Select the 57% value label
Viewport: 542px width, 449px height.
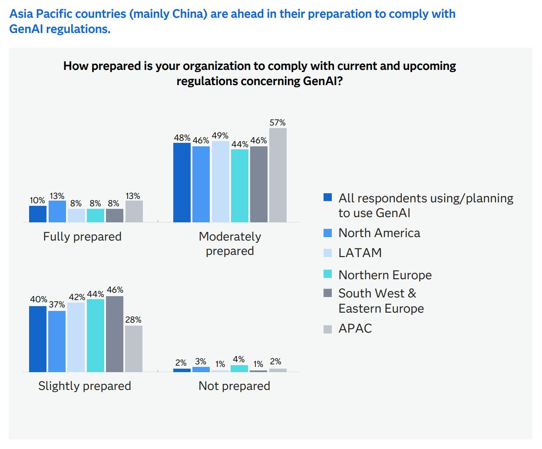click(278, 123)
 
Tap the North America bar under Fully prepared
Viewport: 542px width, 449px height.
click(57, 211)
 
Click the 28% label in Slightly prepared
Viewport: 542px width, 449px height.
click(133, 320)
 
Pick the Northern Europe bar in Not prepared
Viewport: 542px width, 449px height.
click(239, 369)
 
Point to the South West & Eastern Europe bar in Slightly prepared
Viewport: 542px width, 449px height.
click(115, 334)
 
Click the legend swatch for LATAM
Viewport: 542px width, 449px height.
click(328, 253)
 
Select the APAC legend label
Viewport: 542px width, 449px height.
click(355, 329)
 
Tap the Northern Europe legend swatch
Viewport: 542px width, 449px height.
click(328, 274)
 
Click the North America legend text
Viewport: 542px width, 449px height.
click(379, 233)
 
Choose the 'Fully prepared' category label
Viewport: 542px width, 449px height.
click(82, 237)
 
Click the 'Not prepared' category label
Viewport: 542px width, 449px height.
click(234, 386)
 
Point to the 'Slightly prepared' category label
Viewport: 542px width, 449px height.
click(84, 386)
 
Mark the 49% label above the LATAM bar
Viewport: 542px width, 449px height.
click(220, 136)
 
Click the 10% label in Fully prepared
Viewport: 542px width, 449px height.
click(37, 201)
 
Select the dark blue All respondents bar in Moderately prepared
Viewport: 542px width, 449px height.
click(182, 182)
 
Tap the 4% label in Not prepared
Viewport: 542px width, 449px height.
click(239, 360)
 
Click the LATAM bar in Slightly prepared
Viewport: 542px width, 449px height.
click(76, 337)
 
